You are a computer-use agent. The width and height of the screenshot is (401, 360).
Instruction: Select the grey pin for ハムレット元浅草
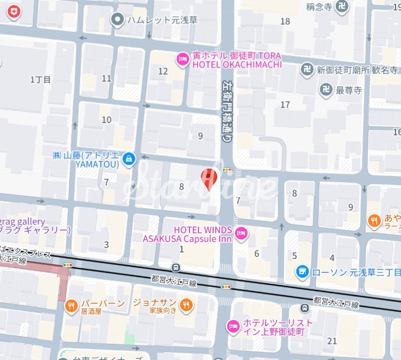point(118,20)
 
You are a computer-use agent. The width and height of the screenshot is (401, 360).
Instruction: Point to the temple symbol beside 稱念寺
point(343,7)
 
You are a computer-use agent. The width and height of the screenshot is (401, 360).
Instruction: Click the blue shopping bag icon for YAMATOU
point(130,159)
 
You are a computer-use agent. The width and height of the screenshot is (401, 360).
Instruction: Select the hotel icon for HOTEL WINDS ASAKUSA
point(242,233)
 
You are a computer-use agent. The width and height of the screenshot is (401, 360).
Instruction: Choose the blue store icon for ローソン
point(303,272)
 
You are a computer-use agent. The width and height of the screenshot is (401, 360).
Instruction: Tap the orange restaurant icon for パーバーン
point(71,305)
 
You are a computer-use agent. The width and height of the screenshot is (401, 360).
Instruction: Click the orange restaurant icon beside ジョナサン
point(186,304)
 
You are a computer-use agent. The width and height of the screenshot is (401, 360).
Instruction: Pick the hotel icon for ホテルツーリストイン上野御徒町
point(233,326)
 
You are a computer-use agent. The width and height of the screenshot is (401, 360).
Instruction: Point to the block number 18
point(285,21)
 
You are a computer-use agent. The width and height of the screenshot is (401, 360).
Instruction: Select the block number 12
point(163,71)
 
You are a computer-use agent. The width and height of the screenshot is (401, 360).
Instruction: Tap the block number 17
point(285,105)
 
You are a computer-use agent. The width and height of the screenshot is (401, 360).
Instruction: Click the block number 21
point(332,341)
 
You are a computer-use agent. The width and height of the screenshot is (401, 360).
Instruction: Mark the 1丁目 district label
point(40,79)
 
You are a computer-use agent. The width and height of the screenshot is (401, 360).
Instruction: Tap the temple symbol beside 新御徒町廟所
point(307,70)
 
